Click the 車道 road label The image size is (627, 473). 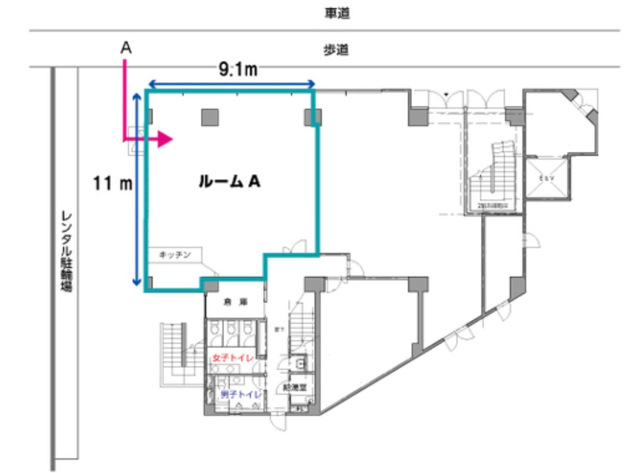(x=337, y=13)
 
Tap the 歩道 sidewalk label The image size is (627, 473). (x=336, y=50)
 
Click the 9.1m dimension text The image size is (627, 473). (x=238, y=69)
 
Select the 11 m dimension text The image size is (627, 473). (x=112, y=184)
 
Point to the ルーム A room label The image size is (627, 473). (x=229, y=182)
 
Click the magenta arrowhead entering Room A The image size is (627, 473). (x=165, y=139)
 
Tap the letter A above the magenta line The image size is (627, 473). (x=126, y=48)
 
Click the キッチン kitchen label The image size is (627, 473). (x=175, y=255)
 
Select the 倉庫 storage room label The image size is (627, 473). (x=236, y=302)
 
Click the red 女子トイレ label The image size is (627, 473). (x=233, y=358)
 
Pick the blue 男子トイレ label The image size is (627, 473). (x=240, y=395)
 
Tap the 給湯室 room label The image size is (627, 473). (x=295, y=387)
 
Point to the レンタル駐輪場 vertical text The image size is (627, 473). (x=66, y=252)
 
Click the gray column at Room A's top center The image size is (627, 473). (x=210, y=117)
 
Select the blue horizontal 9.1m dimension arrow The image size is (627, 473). (x=231, y=83)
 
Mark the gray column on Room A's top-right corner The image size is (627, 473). (x=312, y=117)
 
